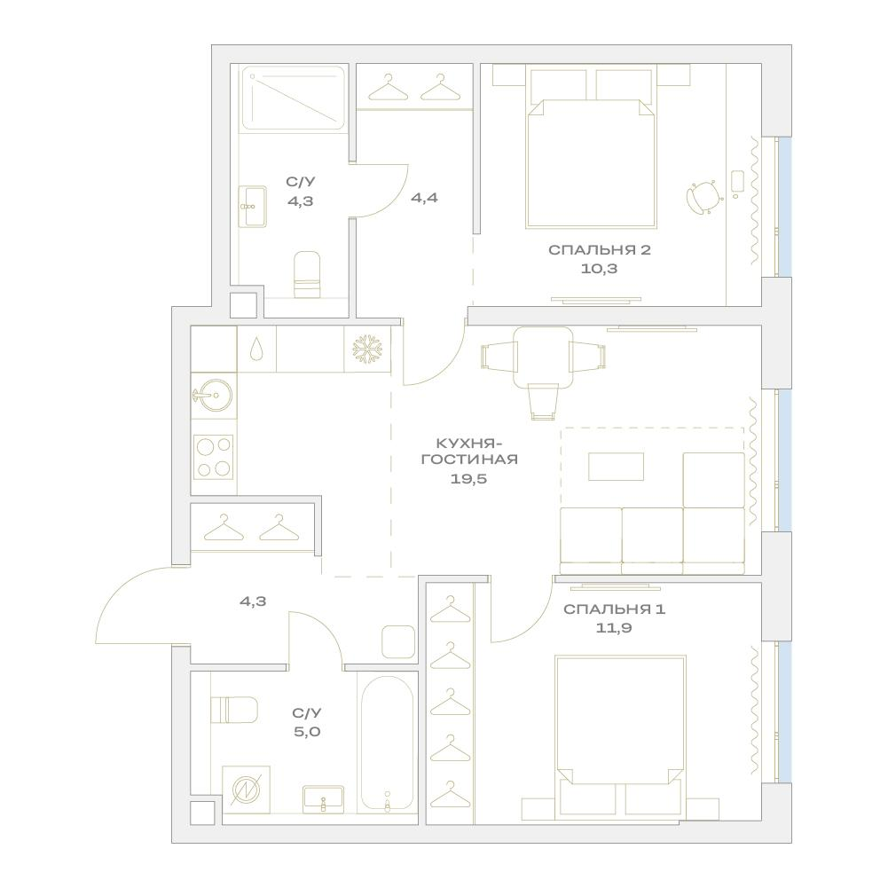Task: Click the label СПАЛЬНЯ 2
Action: (x=599, y=250)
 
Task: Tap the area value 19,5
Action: (x=469, y=479)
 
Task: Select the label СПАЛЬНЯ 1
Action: (x=615, y=609)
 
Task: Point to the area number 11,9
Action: (x=614, y=627)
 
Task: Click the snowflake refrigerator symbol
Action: (x=367, y=349)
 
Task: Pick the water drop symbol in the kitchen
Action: (x=256, y=349)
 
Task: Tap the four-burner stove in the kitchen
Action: (x=214, y=457)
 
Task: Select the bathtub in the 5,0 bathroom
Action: (x=388, y=743)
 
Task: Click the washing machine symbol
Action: (x=246, y=790)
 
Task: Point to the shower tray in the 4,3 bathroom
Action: (x=294, y=98)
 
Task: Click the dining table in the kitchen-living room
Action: (x=543, y=357)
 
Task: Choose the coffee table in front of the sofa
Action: (x=617, y=467)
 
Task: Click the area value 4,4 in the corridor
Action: (x=424, y=198)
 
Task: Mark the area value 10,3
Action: (x=599, y=269)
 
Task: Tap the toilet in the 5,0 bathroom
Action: (x=234, y=711)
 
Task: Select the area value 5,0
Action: (x=308, y=732)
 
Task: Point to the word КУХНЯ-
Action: (x=469, y=442)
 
